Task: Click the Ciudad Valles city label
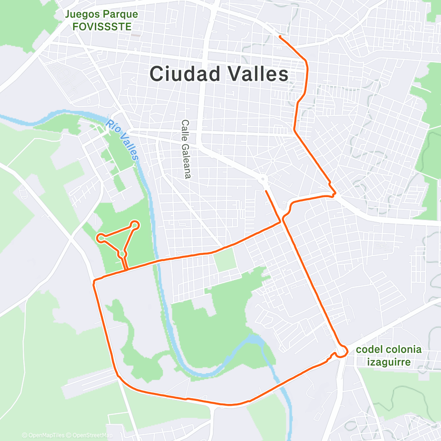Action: (x=219, y=74)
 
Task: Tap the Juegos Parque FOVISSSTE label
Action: (x=102, y=20)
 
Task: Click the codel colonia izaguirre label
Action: (x=389, y=356)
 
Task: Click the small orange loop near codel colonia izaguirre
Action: (x=342, y=351)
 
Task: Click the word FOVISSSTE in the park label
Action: (x=102, y=26)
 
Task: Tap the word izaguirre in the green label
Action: (x=389, y=363)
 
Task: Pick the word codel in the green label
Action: (x=368, y=350)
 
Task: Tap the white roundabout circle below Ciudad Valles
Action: (x=263, y=179)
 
